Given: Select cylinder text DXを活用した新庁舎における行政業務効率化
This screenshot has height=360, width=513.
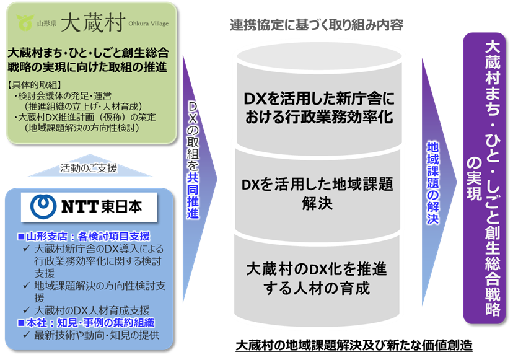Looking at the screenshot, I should tap(318, 108).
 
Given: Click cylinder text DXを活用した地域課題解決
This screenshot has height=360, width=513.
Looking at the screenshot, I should tap(318, 193).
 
